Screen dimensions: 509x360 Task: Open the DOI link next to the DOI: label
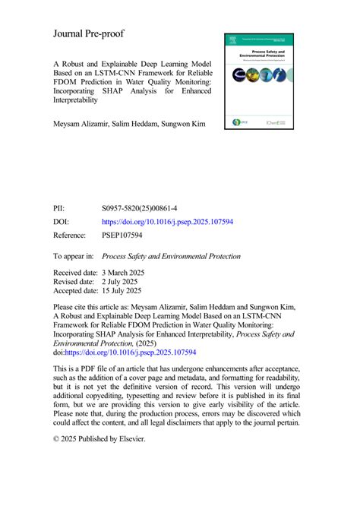pyautogui.click(x=167, y=222)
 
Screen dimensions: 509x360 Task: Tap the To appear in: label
pyautogui.click(x=74, y=257)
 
